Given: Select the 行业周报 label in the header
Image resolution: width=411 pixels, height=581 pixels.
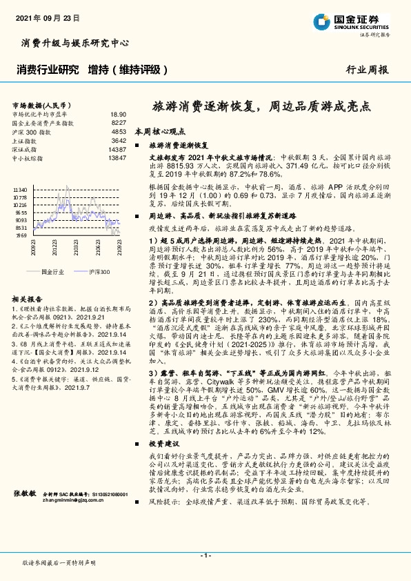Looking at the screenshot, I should click(x=367, y=70).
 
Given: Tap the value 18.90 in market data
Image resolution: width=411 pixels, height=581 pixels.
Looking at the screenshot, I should click(x=118, y=114).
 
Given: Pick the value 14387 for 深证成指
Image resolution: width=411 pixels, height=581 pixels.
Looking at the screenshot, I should click(x=117, y=149).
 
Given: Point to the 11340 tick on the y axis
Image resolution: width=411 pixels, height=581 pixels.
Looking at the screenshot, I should click(x=20, y=189).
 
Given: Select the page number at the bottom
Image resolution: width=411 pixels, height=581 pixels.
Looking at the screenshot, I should click(x=205, y=556).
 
